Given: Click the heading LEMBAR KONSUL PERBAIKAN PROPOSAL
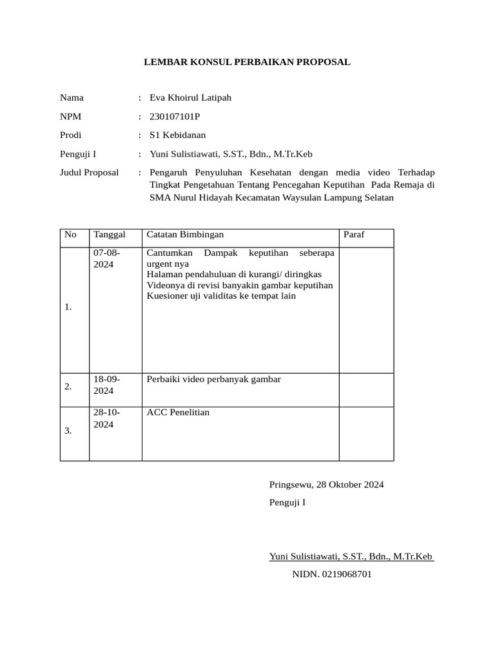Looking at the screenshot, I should [247, 62].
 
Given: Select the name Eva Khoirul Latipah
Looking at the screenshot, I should [190, 98].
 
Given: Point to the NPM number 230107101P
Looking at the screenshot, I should [175, 117].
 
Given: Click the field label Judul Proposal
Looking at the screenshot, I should [89, 173].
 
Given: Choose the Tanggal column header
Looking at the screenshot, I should [110, 235].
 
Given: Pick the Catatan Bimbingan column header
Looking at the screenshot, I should [186, 235].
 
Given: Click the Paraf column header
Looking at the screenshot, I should [354, 235].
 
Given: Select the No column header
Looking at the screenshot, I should [71, 235].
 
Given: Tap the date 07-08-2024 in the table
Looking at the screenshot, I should [107, 259].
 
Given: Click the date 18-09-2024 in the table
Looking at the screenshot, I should [107, 385].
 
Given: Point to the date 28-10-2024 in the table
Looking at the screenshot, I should [107, 418].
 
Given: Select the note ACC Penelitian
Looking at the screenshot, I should [179, 412].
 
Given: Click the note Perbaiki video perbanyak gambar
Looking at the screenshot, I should [214, 379].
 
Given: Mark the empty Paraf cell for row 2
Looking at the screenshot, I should [366, 390].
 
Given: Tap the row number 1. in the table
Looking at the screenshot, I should [68, 307].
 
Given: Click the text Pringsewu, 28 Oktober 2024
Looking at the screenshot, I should [326, 485].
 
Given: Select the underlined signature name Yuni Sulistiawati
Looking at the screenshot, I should [351, 556].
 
